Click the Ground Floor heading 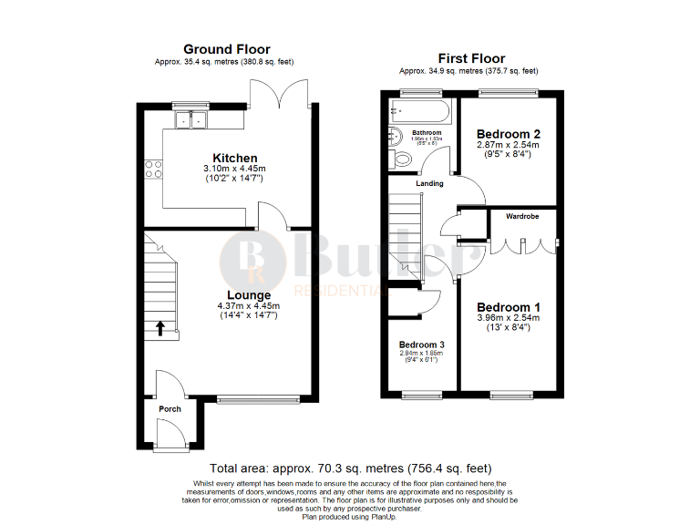point(226,49)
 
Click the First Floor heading point(468,57)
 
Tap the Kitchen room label point(235,158)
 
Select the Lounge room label point(249,295)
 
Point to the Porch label point(170,409)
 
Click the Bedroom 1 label point(509,307)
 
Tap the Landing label point(429,184)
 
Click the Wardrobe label point(523,217)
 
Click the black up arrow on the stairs point(161,327)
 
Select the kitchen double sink point(191,118)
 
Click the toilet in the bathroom point(401,160)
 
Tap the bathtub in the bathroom point(418,114)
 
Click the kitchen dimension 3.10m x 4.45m point(235,169)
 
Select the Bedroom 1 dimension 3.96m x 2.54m point(508,318)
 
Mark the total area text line point(351,467)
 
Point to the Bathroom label point(427,133)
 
